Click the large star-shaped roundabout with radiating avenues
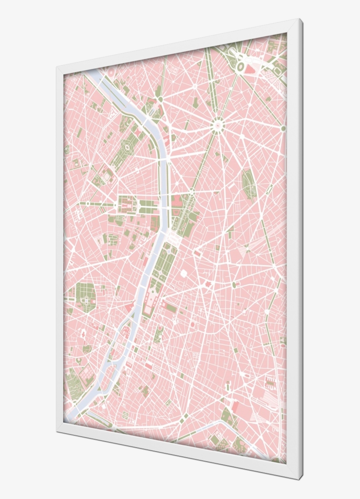pyautogui.click(x=217, y=126)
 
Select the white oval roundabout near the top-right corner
pyautogui.click(x=241, y=67)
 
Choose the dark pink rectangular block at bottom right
pyautogui.click(x=235, y=407)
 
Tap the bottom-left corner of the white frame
pyautogui.click(x=57, y=432)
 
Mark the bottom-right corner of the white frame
pyautogui.click(x=301, y=478)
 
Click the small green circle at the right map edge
pyautogui.click(x=283, y=128)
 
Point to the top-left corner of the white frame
pyautogui.click(x=57, y=67)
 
